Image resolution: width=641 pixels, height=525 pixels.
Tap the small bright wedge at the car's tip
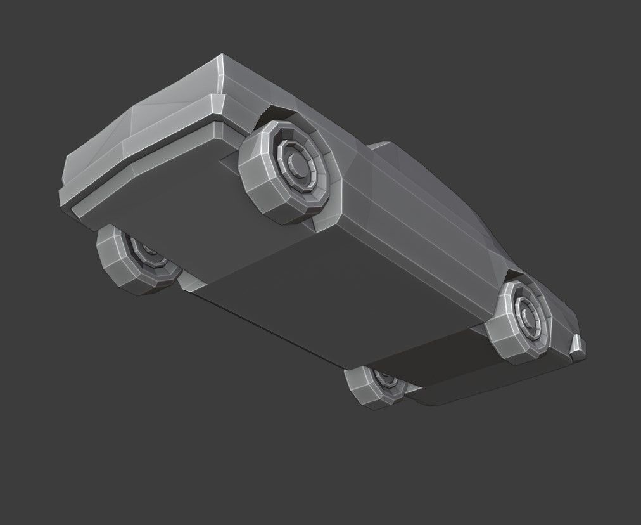click(578, 345)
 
